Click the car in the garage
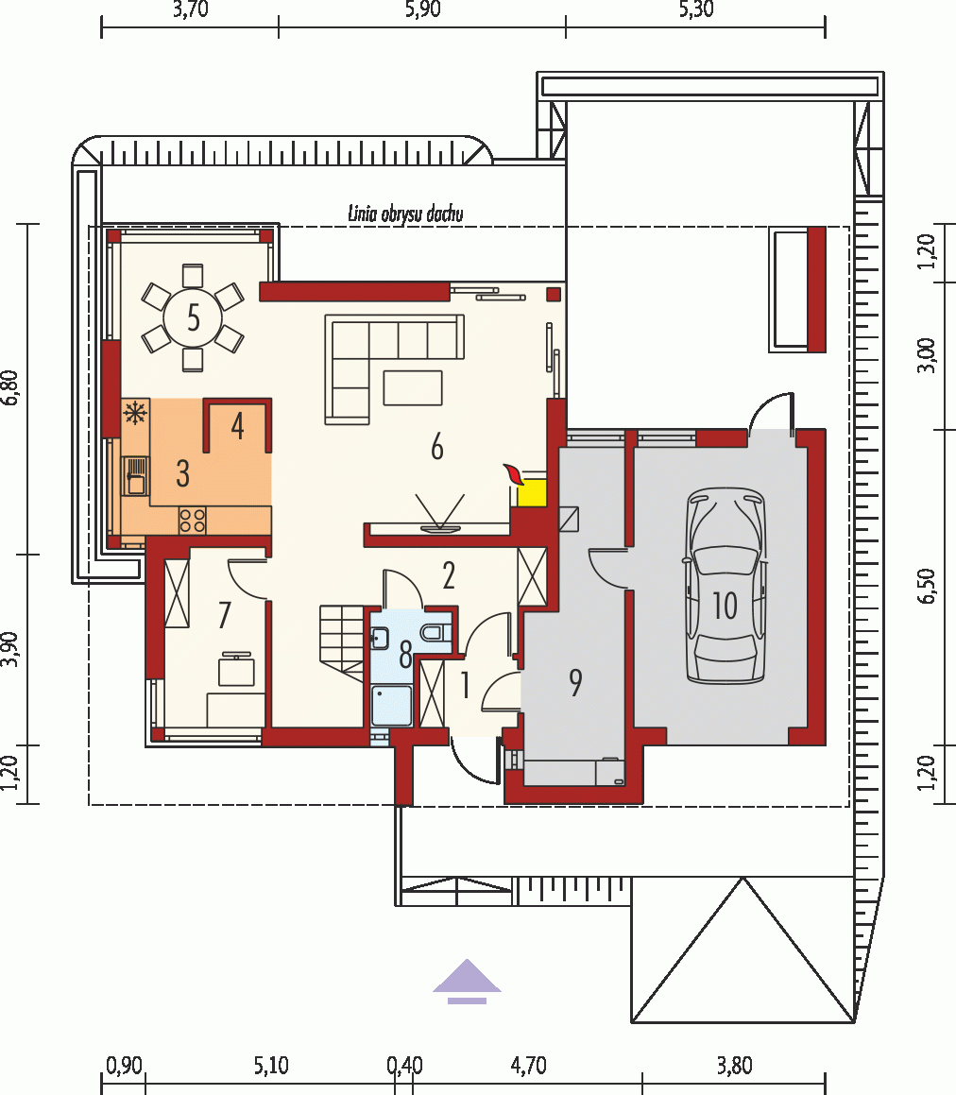point(726,585)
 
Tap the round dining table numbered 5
point(193,317)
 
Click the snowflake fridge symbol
point(135,412)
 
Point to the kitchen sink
point(135,475)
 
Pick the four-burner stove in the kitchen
point(193,520)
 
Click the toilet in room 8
point(436,633)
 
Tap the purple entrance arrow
point(467,982)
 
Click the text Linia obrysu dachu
point(405,214)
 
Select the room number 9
point(575,682)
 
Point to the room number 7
point(224,615)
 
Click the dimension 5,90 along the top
point(422,9)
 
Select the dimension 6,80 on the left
point(9,387)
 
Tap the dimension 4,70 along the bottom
point(529,1066)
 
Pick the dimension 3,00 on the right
point(926,354)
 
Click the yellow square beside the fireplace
point(531,492)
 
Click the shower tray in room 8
point(391,706)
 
